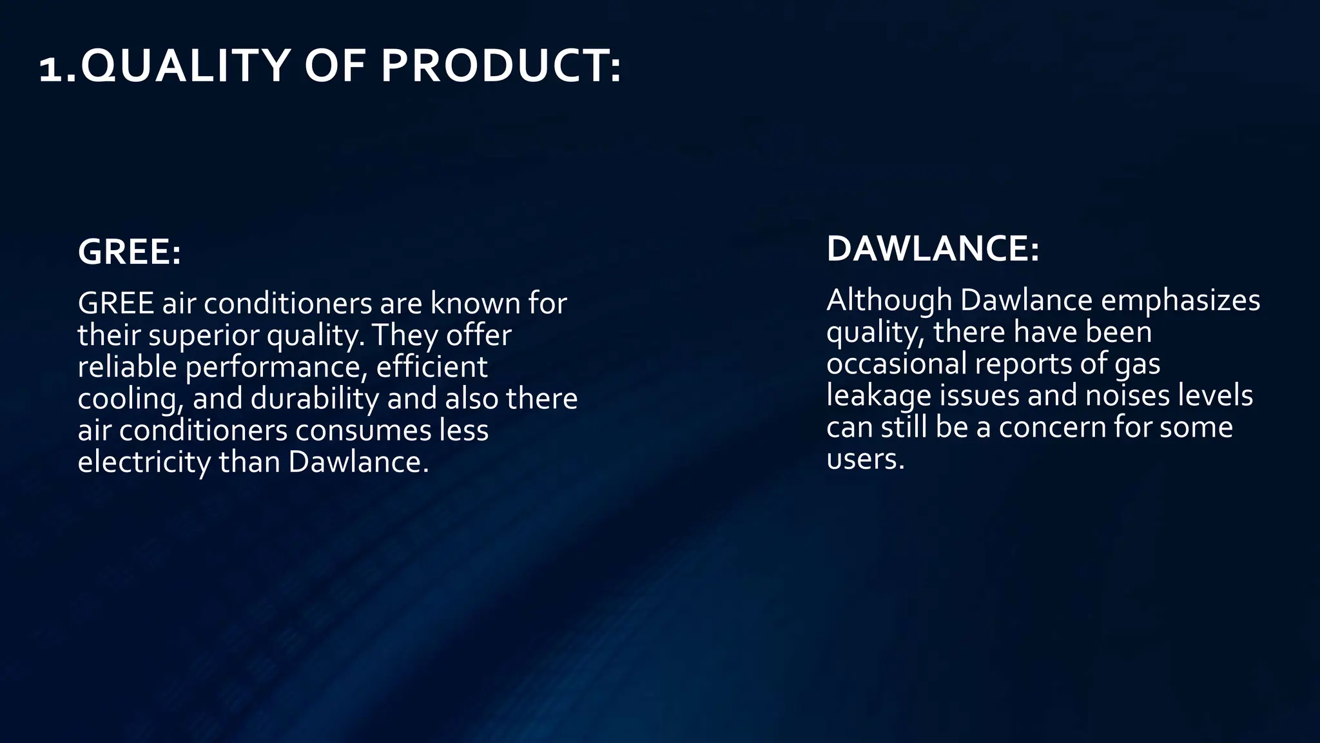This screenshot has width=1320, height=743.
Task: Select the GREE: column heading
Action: [129, 252]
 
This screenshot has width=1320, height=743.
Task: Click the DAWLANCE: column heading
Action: [933, 249]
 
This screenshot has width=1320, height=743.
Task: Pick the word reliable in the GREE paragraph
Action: [128, 367]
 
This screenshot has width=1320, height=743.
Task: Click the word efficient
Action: [431, 367]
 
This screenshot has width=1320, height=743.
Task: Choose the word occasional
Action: [897, 364]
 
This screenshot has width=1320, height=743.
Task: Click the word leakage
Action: [878, 396]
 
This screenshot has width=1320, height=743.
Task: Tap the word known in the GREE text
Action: [474, 303]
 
